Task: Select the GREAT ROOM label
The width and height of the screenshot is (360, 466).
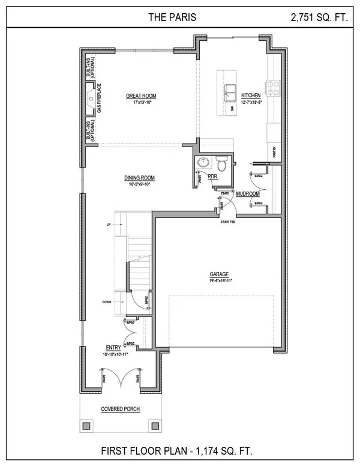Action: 141,95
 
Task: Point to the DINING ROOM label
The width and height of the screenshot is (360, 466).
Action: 140,178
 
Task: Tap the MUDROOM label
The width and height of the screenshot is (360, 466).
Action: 247,194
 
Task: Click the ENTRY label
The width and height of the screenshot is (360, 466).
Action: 113,348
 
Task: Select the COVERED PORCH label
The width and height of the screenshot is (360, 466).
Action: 120,409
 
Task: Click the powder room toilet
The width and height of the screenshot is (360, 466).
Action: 221,163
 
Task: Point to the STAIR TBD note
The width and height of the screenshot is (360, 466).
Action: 229,222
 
